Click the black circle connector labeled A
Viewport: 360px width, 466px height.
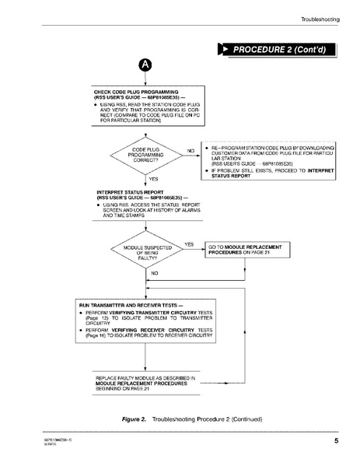[x=144, y=65]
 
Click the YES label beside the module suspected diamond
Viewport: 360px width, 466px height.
[x=188, y=244]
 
